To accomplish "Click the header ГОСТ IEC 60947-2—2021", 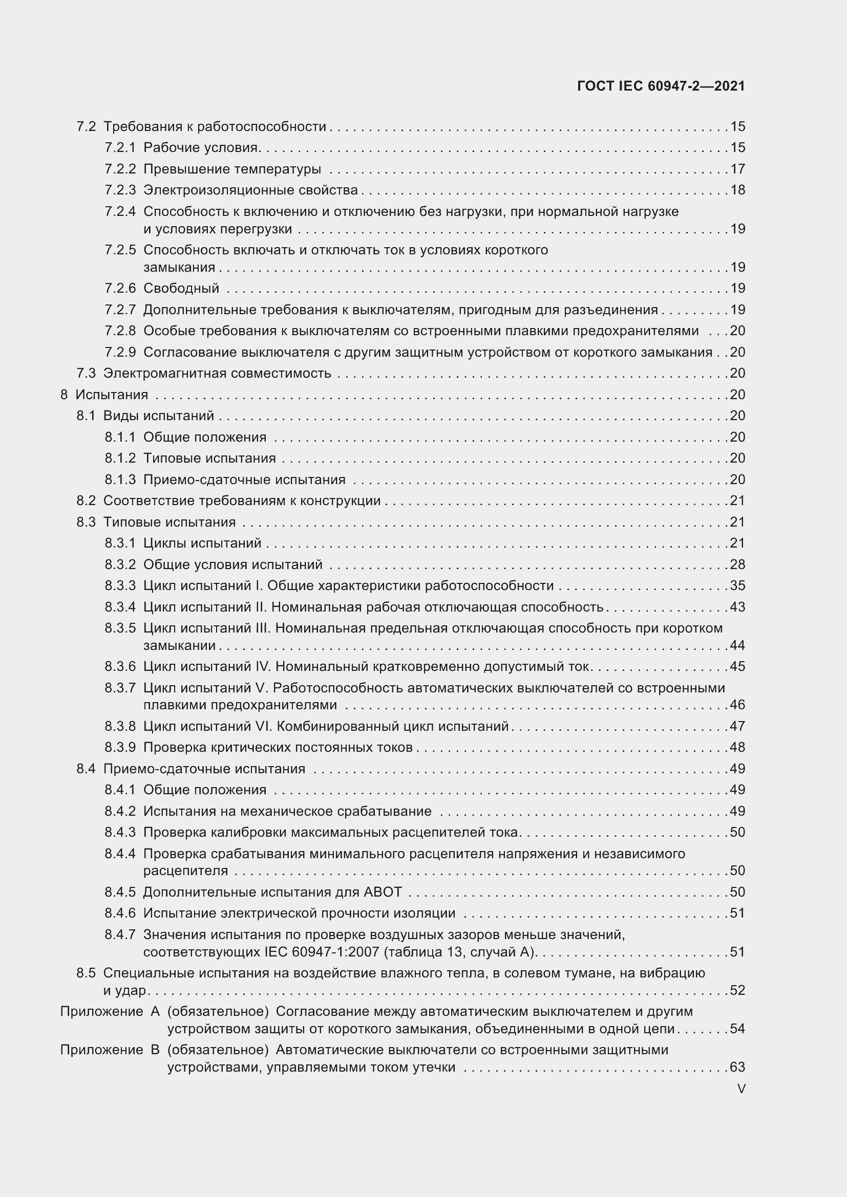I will coord(661,86).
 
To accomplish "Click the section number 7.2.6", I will coord(120,288).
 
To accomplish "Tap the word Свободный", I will coord(181,288).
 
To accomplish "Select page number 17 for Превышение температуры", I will coord(737,169).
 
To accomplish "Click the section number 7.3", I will coord(86,373).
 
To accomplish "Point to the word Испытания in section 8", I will coord(112,395).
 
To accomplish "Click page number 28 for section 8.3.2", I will coord(737,564).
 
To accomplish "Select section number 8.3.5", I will coord(120,628).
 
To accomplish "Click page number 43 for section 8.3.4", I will coord(737,607).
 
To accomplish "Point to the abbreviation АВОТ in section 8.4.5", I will coord(383,892).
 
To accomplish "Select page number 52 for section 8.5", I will coord(737,990).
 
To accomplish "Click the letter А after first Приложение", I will coord(155,1011).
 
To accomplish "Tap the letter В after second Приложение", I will coord(155,1050).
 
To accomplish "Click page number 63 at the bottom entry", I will coord(737,1067).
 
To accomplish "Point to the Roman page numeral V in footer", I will coord(741,1089).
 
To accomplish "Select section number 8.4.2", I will coord(120,811).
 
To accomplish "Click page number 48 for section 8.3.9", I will coord(737,748).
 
